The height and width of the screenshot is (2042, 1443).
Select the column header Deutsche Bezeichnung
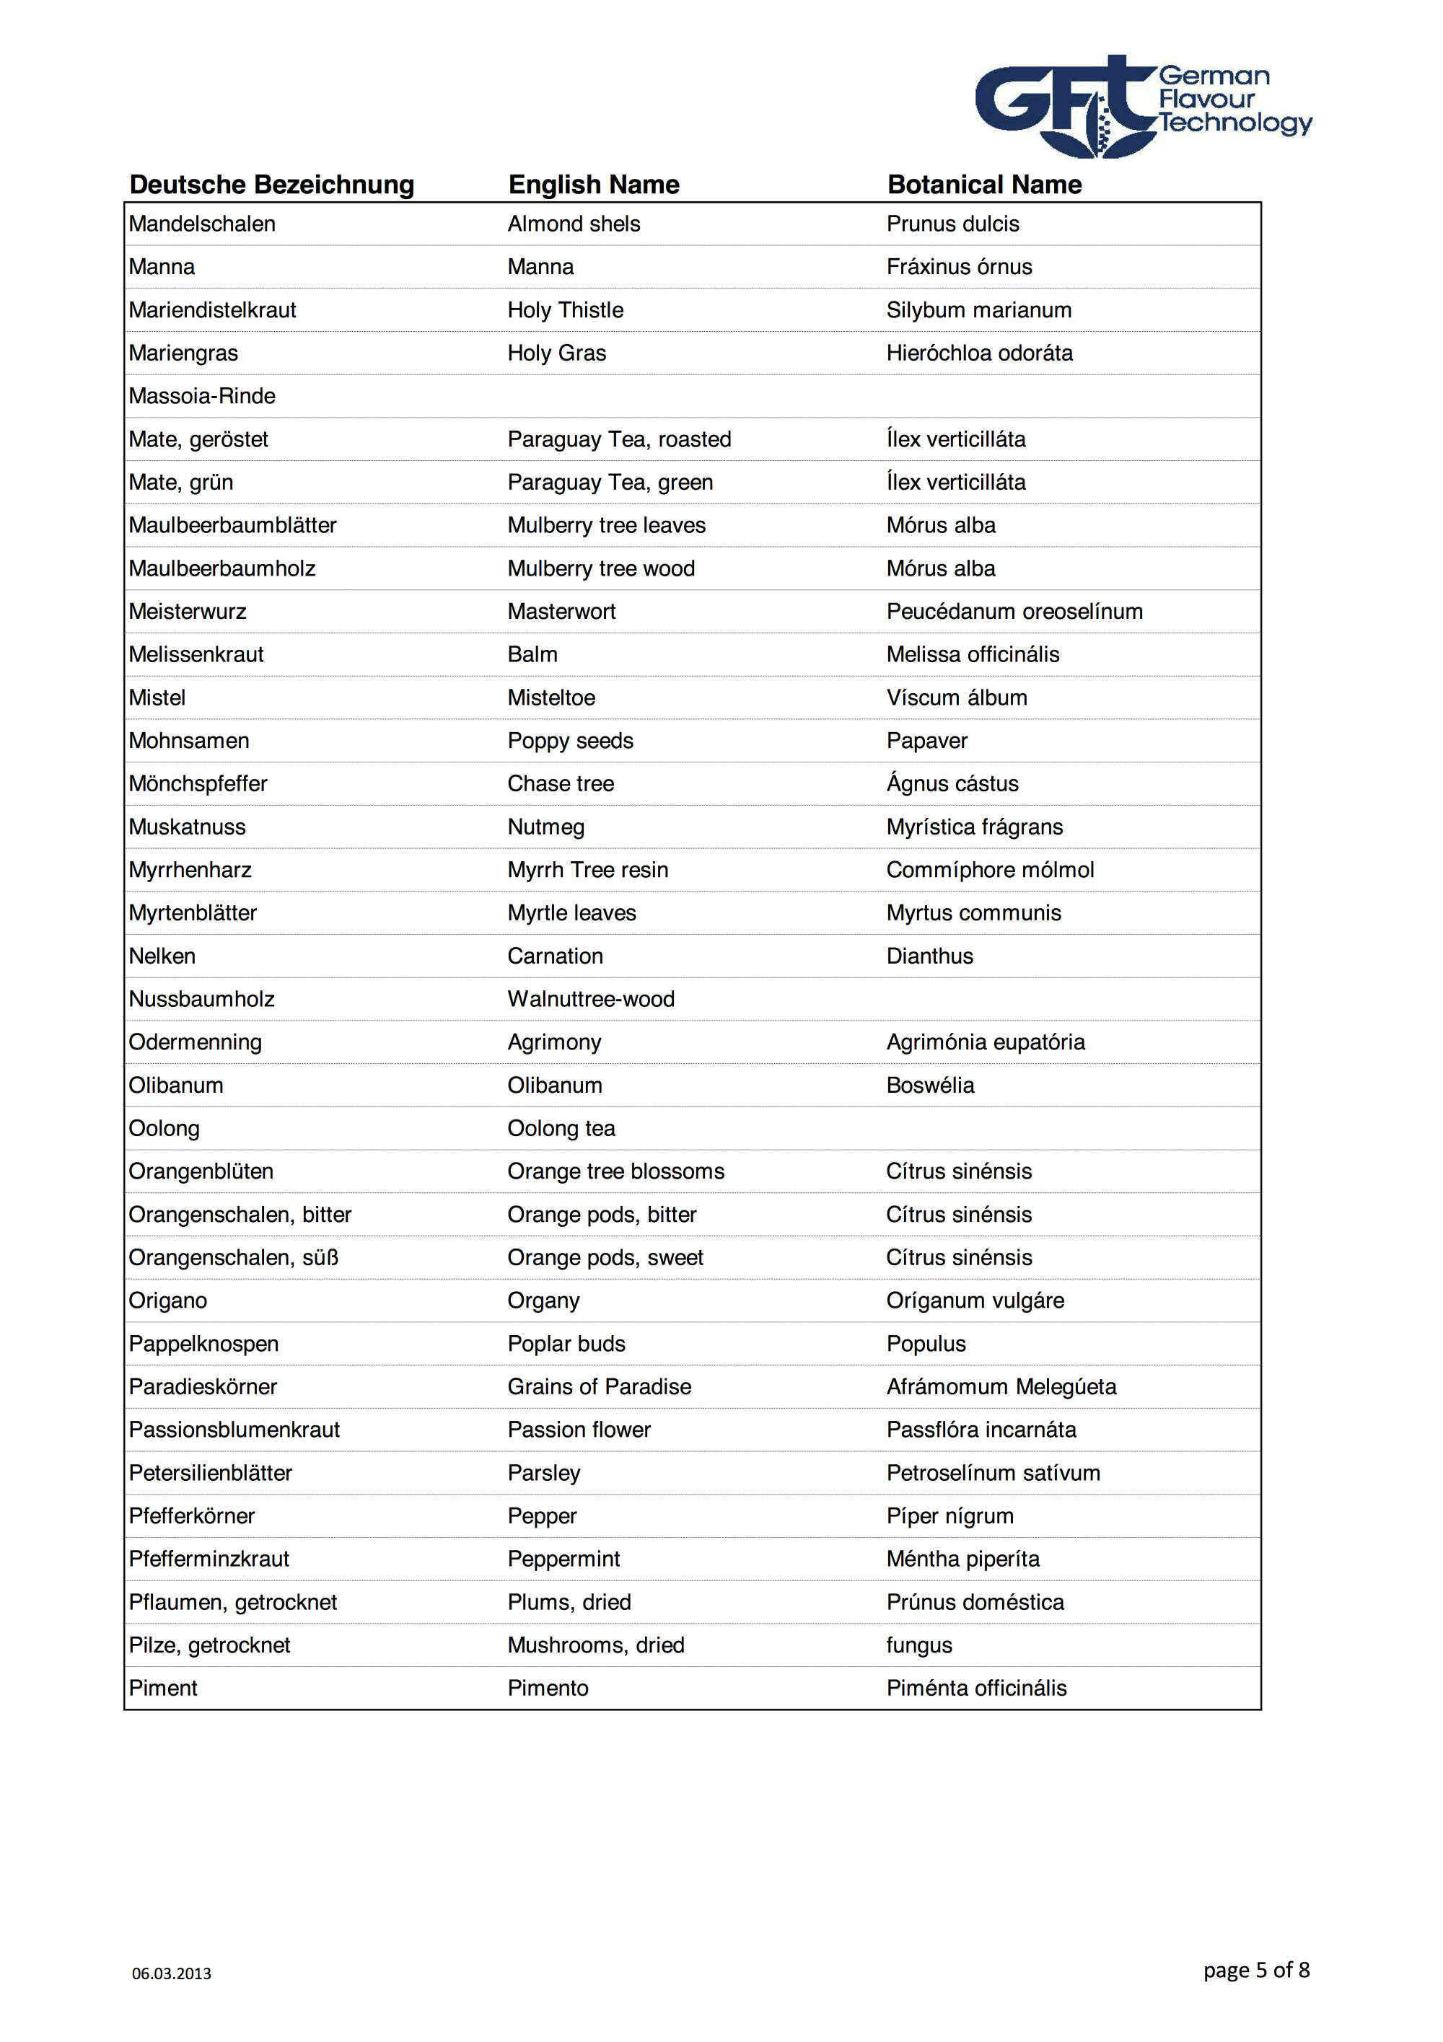(x=271, y=185)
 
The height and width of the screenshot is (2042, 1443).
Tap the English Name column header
(x=593, y=185)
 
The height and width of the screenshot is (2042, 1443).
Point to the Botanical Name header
(x=984, y=185)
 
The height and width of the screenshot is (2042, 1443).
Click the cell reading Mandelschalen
(x=202, y=224)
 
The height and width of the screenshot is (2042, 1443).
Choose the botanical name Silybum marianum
(x=978, y=310)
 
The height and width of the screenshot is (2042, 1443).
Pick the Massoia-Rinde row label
(x=202, y=397)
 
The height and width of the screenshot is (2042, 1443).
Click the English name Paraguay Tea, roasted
(x=619, y=439)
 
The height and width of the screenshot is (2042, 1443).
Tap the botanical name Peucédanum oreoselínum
(x=1014, y=612)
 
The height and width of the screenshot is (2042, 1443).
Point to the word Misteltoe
(x=551, y=698)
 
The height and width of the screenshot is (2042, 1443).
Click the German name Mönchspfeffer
(x=198, y=785)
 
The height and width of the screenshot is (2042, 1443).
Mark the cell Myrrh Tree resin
(x=587, y=870)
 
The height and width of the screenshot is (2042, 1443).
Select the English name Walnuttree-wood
(x=591, y=1000)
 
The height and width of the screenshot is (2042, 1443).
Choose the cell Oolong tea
(x=561, y=1129)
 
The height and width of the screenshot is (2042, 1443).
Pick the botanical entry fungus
(x=919, y=1645)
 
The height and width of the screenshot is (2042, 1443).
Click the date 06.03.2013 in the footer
(x=172, y=1973)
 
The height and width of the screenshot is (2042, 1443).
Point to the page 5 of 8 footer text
(x=1255, y=1970)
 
